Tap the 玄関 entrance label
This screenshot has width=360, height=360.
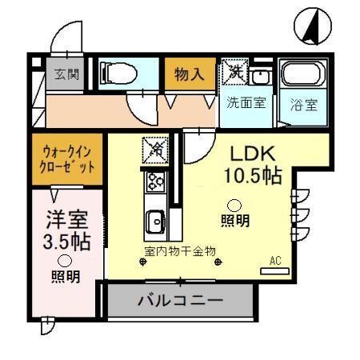[66, 75]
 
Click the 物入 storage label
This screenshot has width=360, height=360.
[190, 75]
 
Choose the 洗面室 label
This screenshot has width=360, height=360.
[245, 102]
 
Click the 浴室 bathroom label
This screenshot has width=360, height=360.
[304, 104]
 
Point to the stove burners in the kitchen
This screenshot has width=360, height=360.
[154, 182]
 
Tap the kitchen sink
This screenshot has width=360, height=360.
[154, 218]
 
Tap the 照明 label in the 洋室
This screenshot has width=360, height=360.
[66, 277]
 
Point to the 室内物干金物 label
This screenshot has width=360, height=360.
[180, 250]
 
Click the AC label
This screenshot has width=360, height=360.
[276, 260]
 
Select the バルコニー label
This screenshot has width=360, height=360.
[180, 302]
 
